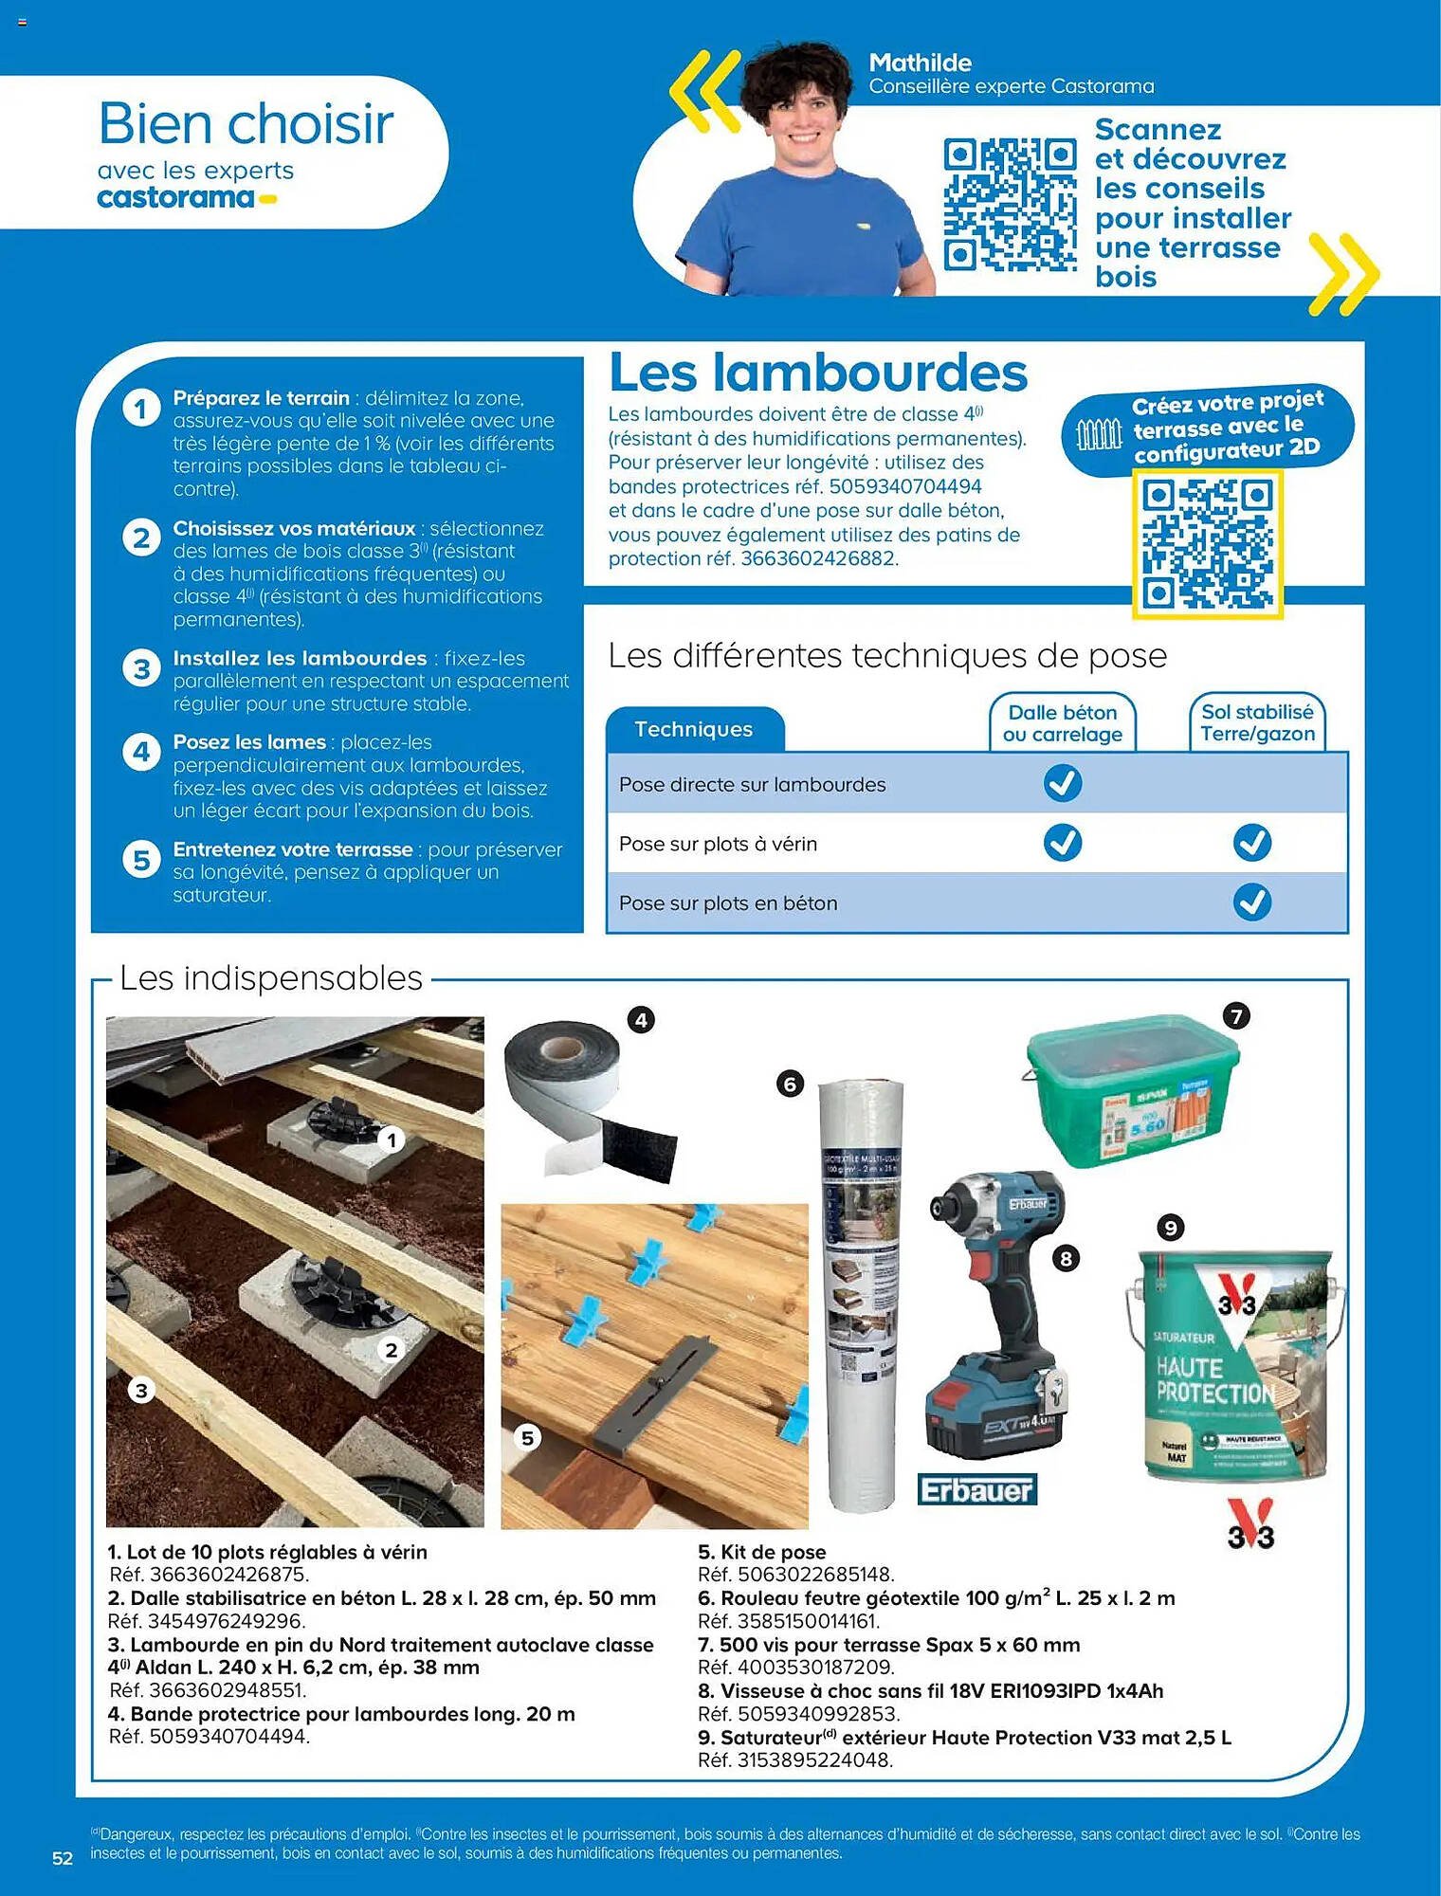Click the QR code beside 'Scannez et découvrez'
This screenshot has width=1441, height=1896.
1010,204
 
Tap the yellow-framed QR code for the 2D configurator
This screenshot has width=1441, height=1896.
1207,543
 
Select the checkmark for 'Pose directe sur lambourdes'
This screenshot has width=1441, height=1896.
1062,784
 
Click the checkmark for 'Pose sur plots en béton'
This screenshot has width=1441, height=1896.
1251,902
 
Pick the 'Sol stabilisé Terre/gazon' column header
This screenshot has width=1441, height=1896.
1257,722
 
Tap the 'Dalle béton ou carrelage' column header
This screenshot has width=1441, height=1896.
1062,722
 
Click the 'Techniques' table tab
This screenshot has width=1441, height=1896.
694,729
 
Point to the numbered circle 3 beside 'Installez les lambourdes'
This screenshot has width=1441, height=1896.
141,669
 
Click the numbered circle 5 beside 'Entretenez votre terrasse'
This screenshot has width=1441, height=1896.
141,860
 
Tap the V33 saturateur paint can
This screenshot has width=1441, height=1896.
1232,1365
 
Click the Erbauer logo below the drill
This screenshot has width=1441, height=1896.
976,1490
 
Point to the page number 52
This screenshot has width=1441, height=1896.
63,1858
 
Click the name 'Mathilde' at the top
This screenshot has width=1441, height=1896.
920,63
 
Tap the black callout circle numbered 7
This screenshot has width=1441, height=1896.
1235,1016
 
